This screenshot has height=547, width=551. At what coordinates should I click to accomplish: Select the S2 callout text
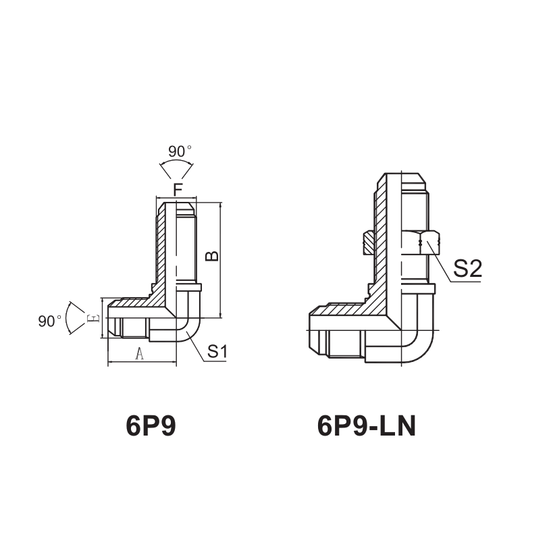[x=467, y=269]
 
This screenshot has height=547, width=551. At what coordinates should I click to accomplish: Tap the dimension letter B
[x=211, y=255]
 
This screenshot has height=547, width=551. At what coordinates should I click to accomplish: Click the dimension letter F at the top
[x=178, y=190]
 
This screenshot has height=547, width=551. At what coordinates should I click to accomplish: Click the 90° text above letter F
[x=180, y=151]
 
